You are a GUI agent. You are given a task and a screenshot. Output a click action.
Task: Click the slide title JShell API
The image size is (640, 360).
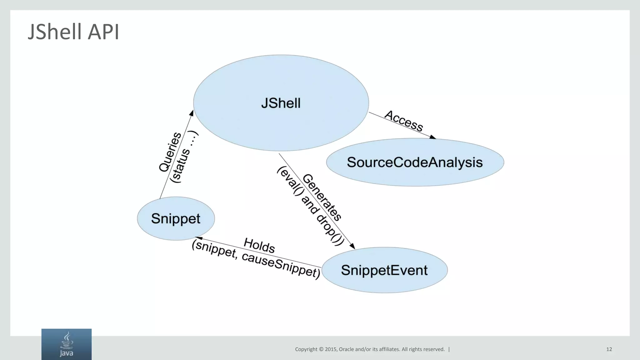(x=73, y=32)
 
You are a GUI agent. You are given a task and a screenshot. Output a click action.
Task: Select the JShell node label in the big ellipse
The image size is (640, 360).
(x=281, y=103)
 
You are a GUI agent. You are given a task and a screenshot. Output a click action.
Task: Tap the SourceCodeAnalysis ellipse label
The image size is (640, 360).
(x=415, y=162)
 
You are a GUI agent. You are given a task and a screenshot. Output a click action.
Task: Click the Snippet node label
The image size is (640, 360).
(x=176, y=218)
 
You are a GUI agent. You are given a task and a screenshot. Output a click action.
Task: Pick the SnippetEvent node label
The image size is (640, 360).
(x=384, y=270)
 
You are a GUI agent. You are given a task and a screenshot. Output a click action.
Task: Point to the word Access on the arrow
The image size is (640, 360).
(x=403, y=121)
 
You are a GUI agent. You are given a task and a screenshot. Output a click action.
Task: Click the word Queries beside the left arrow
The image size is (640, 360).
(x=170, y=152)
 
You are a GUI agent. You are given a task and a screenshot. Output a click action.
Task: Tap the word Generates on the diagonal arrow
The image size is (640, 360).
(x=322, y=197)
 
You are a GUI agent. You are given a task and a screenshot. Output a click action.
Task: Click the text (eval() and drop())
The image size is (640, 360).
(x=311, y=206)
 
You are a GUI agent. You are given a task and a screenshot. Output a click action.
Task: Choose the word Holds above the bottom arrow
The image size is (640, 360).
(x=259, y=245)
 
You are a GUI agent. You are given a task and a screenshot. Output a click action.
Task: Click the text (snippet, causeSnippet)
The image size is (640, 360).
(x=256, y=259)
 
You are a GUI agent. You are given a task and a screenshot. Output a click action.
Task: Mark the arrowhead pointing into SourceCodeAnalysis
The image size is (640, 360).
(x=432, y=137)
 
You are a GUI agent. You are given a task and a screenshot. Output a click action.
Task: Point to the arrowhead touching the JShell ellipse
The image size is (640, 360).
(x=192, y=113)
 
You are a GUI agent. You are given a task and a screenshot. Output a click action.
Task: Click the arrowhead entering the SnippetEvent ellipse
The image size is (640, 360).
(x=352, y=246)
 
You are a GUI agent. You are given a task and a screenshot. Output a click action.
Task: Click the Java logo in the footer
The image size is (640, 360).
(x=67, y=344)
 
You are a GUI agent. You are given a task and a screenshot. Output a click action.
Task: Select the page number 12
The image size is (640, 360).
(x=609, y=349)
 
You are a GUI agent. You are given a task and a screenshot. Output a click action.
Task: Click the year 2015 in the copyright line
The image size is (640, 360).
(x=331, y=349)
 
